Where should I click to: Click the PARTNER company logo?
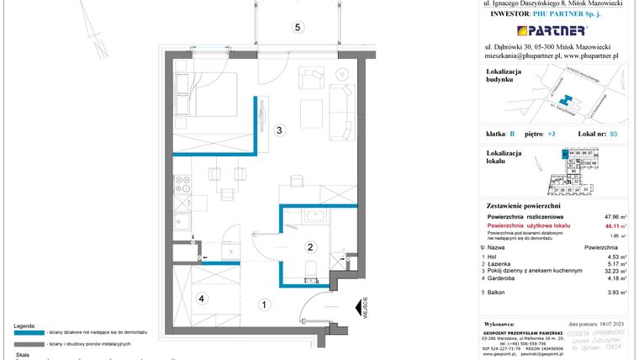[x=548, y=31]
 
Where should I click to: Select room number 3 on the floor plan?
[x=281, y=130]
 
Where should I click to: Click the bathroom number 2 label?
[x=309, y=246]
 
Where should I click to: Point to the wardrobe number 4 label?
[x=201, y=298]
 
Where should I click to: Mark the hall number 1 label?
[x=263, y=304]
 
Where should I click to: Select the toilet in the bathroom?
[x=309, y=268]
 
